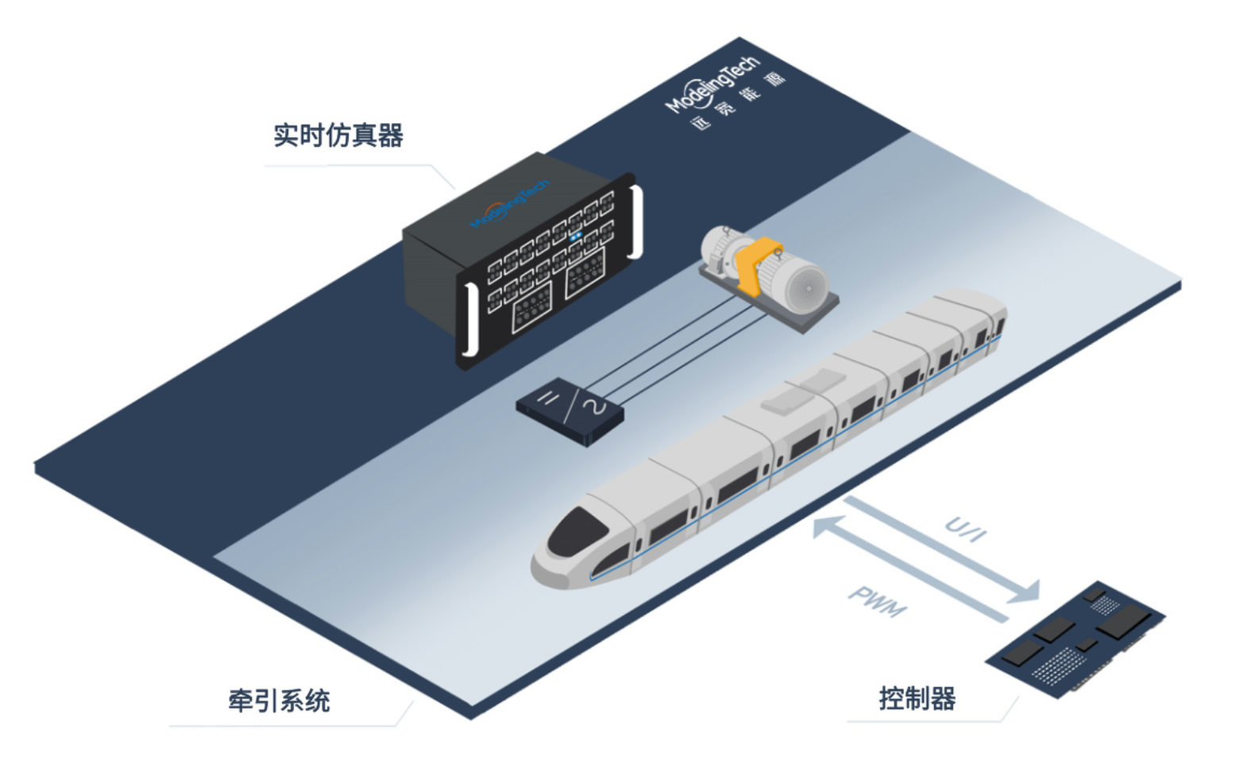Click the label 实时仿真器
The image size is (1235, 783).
click(x=338, y=136)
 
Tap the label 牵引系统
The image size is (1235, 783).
click(x=279, y=701)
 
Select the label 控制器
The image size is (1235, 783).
click(x=917, y=699)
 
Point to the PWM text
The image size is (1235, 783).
click(x=877, y=601)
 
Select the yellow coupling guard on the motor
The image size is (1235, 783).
click(x=754, y=262)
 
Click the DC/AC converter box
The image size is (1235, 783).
click(x=569, y=411)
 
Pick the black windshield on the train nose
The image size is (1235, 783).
click(x=577, y=530)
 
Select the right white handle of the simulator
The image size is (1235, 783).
click(x=635, y=222)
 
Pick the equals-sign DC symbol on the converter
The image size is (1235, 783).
click(x=547, y=397)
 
